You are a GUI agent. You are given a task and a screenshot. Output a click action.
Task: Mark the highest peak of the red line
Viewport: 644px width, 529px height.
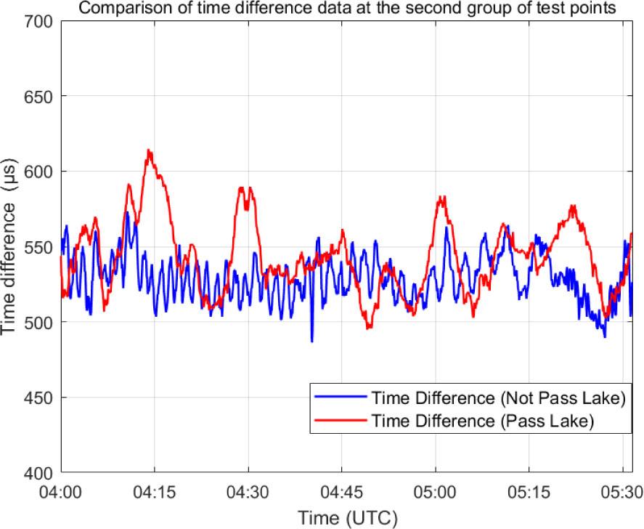149,150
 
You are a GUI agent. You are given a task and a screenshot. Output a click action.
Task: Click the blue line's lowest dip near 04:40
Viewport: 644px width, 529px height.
312,341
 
